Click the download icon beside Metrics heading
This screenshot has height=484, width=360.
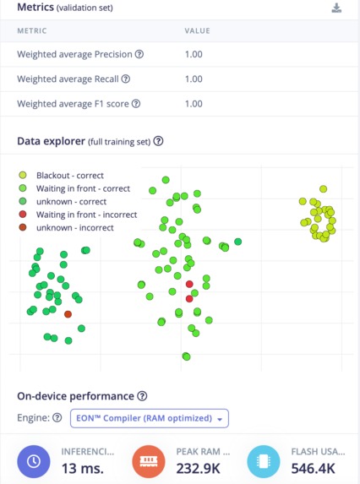click(x=336, y=8)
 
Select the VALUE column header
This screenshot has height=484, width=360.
click(x=197, y=31)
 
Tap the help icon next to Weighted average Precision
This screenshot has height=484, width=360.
click(x=139, y=55)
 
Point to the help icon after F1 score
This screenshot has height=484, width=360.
click(x=136, y=104)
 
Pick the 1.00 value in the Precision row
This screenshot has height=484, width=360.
click(x=194, y=55)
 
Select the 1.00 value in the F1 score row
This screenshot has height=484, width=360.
click(x=194, y=104)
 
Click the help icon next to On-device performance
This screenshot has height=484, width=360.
click(x=142, y=396)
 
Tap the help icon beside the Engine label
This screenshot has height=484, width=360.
click(x=57, y=418)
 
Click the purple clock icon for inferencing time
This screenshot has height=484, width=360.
click(x=33, y=462)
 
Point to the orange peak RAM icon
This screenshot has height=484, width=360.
click(x=149, y=462)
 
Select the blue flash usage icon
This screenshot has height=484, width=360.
click(x=264, y=462)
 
